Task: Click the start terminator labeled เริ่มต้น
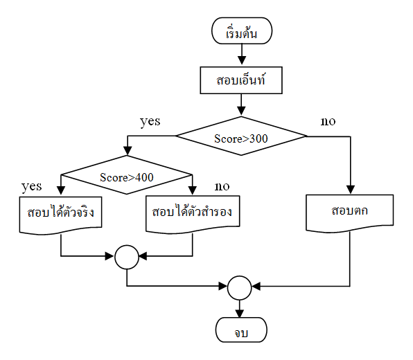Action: [x=240, y=32]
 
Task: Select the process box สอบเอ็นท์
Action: [x=240, y=80]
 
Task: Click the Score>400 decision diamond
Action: [x=127, y=177]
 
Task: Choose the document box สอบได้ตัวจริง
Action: [x=62, y=213]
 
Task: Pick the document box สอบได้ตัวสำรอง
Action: [x=192, y=213]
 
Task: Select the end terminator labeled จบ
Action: [x=240, y=330]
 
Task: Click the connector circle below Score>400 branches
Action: [x=127, y=257]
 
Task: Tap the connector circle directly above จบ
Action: [x=240, y=285]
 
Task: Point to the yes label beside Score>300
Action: [x=150, y=121]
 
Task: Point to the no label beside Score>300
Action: [x=328, y=121]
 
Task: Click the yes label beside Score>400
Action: [x=32, y=186]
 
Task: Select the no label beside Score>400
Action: [x=222, y=186]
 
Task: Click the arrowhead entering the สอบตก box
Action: [x=349, y=190]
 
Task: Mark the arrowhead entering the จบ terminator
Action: [x=240, y=312]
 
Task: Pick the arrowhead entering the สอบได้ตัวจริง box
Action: [x=62, y=191]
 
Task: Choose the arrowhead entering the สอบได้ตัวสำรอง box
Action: [x=192, y=191]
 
